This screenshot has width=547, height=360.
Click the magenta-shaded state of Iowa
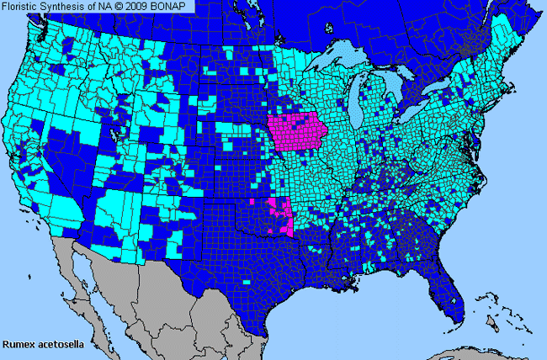pyautogui.click(x=298, y=135)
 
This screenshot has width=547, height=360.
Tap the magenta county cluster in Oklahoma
pyautogui.click(x=281, y=215)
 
